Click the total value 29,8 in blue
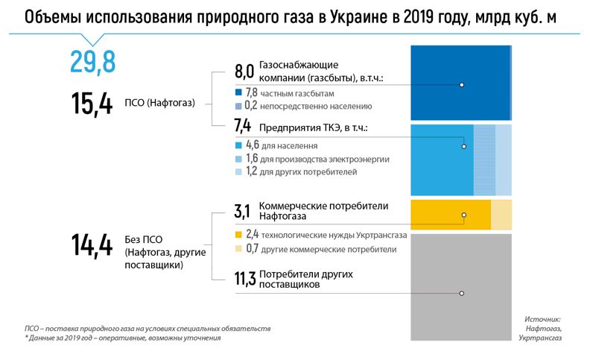point(93,62)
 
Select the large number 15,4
point(92,103)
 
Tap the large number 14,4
point(92,245)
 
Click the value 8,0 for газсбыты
point(244,72)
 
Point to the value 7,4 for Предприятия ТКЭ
point(244,127)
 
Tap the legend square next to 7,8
point(238,93)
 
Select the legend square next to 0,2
point(238,106)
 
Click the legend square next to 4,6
point(238,146)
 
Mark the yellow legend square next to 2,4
point(238,235)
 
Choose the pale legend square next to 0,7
point(238,249)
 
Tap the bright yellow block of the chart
point(450,214)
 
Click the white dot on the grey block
point(462,294)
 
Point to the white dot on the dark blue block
point(462,85)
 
